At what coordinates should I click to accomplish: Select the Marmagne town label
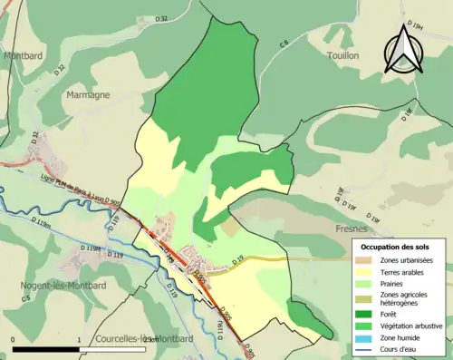point(87,93)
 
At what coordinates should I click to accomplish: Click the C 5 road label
point(27,297)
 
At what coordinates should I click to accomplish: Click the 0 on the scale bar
point(14,341)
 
